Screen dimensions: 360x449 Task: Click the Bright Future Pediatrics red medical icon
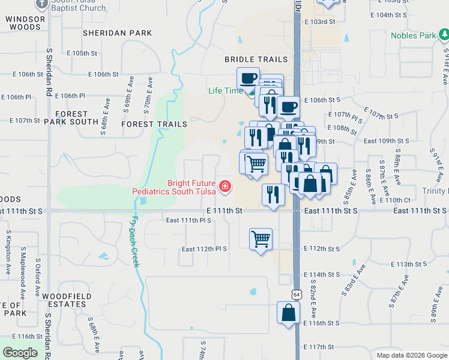tap(225, 186)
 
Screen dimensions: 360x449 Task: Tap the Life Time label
tap(226, 91)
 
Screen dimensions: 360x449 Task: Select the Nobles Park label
tap(413, 35)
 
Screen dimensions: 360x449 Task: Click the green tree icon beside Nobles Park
tap(444, 35)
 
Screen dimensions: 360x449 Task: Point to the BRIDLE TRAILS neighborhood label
tap(256, 59)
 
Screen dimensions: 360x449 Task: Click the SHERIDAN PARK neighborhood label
tap(118, 33)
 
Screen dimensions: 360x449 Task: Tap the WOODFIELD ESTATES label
tap(67, 300)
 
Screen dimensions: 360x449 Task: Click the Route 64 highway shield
tap(297, 295)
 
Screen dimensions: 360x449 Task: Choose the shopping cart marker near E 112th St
tap(261, 239)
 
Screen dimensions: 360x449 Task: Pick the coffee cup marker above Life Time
tap(248, 78)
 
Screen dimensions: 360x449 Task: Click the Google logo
tap(20, 353)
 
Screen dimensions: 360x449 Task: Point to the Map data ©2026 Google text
tap(411, 355)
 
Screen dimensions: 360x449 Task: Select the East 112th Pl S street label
tap(204, 249)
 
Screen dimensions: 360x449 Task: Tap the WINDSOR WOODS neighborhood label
tap(25, 23)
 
